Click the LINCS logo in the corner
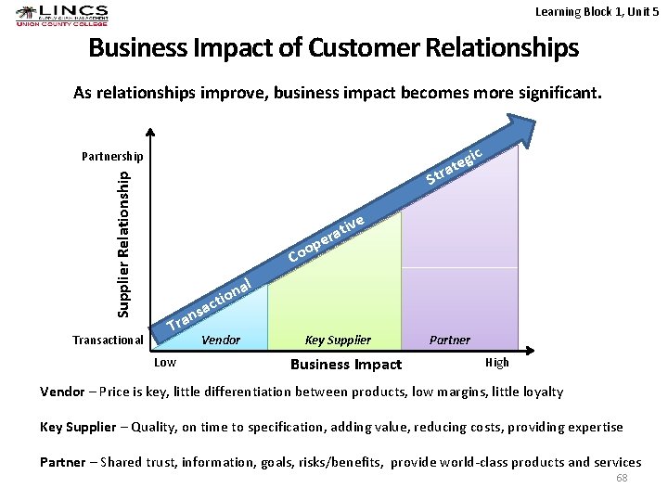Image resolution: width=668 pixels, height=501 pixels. pyautogui.click(x=61, y=16)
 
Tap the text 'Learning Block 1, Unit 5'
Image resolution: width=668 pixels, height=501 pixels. pyautogui.click(x=597, y=11)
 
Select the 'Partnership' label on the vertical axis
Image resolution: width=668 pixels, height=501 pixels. pyautogui.click(x=112, y=156)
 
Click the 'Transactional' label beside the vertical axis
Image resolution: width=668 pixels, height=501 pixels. pyautogui.click(x=108, y=340)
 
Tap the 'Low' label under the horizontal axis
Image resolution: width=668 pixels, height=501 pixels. pyautogui.click(x=165, y=362)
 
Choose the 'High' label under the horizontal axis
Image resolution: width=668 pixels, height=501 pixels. pyautogui.click(x=497, y=363)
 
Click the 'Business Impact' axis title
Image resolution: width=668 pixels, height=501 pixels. pyautogui.click(x=346, y=365)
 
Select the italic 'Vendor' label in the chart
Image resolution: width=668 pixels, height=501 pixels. pyautogui.click(x=221, y=340)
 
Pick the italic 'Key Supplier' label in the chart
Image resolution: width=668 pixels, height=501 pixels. pyautogui.click(x=338, y=340)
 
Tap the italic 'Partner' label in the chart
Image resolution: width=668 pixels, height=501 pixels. pyautogui.click(x=450, y=340)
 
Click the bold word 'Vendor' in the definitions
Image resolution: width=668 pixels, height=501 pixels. pyautogui.click(x=61, y=392)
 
